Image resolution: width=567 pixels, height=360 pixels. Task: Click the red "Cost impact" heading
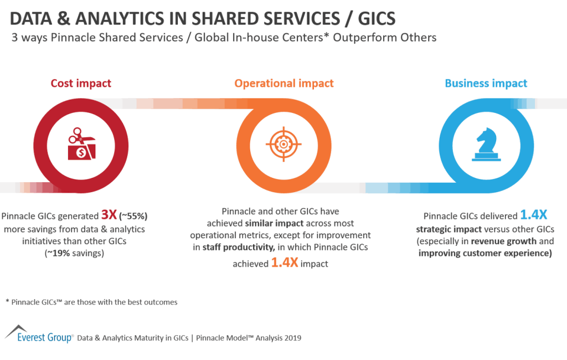[81, 84]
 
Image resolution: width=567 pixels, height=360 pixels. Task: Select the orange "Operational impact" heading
[283, 84]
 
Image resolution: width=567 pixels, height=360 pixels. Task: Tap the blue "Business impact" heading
[486, 84]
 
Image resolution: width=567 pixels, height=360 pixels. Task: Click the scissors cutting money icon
[81, 144]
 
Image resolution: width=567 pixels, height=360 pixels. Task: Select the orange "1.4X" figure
[284, 263]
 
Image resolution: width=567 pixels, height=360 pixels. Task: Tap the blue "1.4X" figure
[534, 215]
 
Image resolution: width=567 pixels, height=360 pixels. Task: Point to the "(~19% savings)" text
[81, 253]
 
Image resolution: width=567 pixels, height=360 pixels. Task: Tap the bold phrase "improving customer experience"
[484, 254]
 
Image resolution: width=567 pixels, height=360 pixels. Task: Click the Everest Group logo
[39, 334]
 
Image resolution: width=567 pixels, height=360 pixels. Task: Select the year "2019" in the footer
[292, 337]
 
